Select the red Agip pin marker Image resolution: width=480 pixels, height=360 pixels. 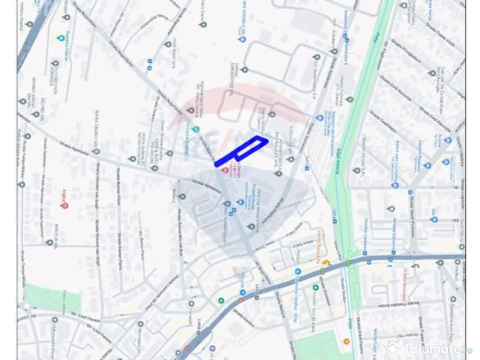click(65, 205)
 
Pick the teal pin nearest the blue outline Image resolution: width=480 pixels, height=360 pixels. click(196, 129)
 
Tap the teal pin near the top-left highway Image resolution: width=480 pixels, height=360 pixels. click(60, 37)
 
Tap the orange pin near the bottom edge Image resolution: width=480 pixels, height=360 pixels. click(346, 341)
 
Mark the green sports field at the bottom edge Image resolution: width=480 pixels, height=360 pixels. click(319, 347)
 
